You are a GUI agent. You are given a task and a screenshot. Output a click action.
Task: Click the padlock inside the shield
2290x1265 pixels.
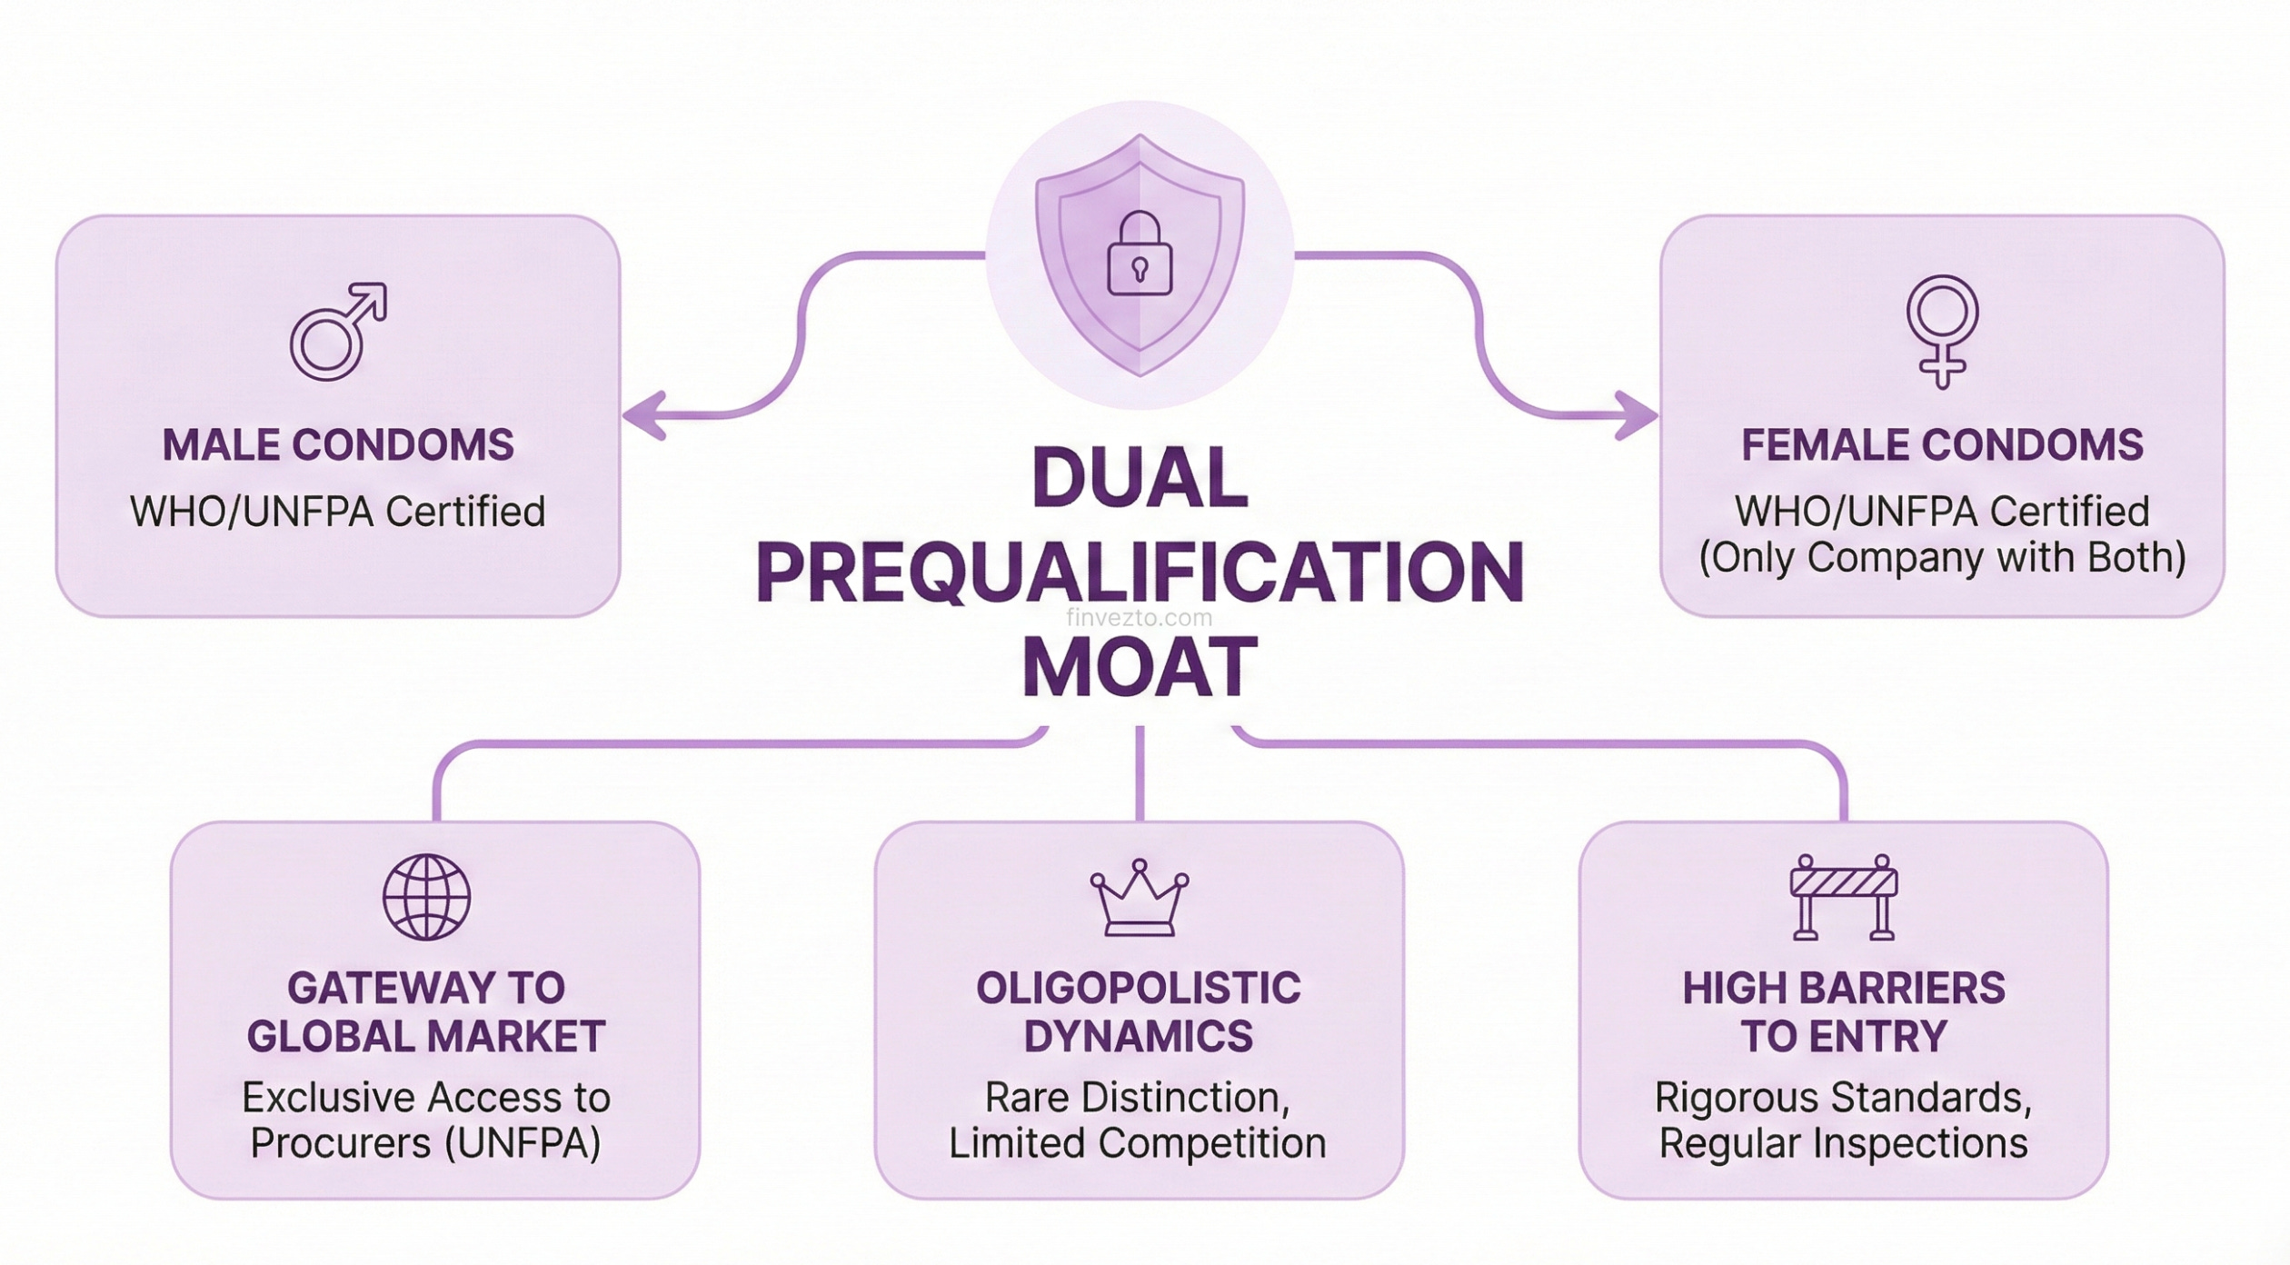[x=1140, y=254]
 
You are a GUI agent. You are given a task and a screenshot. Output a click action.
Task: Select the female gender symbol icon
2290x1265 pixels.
[x=1942, y=331]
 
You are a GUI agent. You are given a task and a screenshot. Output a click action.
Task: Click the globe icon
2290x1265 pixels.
[x=426, y=897]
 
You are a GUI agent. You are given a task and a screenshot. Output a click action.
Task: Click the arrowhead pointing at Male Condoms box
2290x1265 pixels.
[x=643, y=416]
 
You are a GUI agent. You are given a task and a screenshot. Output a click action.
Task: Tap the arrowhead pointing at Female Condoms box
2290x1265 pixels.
[x=1638, y=416]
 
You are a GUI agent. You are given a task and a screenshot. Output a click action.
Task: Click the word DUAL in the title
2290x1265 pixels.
[x=1140, y=478]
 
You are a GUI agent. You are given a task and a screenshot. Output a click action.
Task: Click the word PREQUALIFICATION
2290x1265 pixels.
[x=1140, y=573]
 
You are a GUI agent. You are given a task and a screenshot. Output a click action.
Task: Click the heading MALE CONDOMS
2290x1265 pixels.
[x=338, y=445]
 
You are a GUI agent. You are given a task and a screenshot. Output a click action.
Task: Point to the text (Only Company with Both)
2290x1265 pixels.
[x=1942, y=558]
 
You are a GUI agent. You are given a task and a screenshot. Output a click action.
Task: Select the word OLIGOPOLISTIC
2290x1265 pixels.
[x=1139, y=989]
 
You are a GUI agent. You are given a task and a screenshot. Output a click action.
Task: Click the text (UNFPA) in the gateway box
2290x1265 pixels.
[x=523, y=1143]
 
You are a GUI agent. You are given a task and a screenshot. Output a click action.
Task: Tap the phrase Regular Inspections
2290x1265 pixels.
[x=1844, y=1143]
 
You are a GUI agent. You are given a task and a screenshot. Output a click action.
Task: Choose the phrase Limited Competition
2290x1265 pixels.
[x=1138, y=1143]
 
